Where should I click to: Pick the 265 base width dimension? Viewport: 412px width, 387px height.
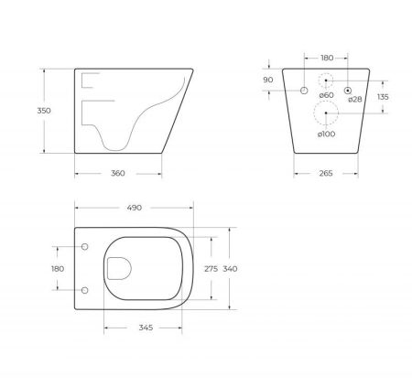coord(321,174)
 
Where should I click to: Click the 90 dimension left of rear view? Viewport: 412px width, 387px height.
coord(269,80)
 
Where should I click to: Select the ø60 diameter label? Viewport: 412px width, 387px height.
coord(326,95)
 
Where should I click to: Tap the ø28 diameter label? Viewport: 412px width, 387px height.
coord(354,99)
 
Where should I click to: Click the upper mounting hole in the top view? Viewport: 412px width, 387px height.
coord(85,247)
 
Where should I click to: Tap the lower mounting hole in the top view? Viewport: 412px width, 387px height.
coord(85,290)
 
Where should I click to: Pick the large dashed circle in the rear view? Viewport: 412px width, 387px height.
coord(325,113)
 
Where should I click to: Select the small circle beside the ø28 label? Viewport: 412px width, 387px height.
coord(348,90)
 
